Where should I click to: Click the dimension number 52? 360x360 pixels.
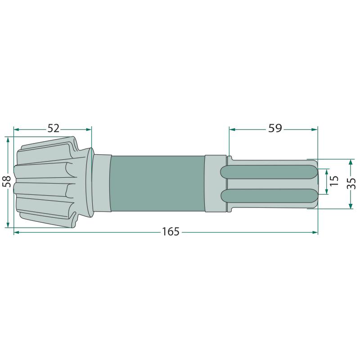click(x=53, y=129)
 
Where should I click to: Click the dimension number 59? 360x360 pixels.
click(x=275, y=128)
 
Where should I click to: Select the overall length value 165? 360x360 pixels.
click(x=171, y=232)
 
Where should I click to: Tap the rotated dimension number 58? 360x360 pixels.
click(x=8, y=181)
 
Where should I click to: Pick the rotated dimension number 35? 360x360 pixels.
click(x=351, y=184)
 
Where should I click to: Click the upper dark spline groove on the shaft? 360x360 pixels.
click(x=269, y=172)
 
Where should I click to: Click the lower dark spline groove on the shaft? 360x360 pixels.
click(x=269, y=196)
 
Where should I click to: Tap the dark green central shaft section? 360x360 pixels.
click(x=157, y=184)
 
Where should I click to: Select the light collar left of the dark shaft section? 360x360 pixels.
click(x=102, y=183)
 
